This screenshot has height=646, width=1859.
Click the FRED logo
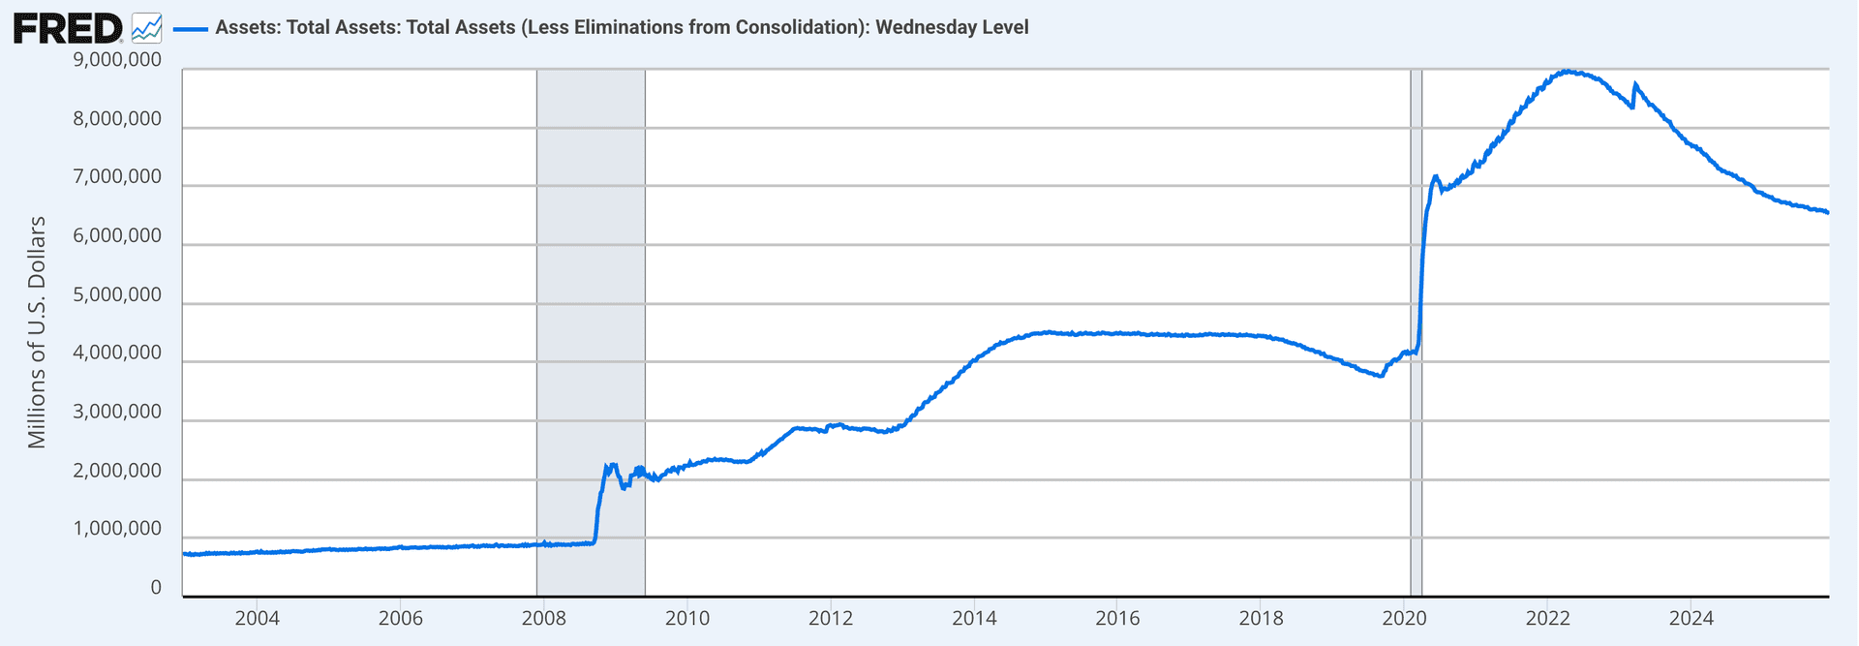pyautogui.click(x=67, y=27)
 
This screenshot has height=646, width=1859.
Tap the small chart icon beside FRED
pyautogui.click(x=146, y=27)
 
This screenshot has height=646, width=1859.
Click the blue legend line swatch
pyautogui.click(x=190, y=28)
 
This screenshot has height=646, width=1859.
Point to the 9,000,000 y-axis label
pyautogui.click(x=116, y=60)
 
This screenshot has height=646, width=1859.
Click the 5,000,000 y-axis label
pyautogui.click(x=116, y=294)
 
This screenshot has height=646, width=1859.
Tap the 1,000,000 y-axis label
pyautogui.click(x=116, y=529)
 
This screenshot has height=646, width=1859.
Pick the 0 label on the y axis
pyautogui.click(x=156, y=588)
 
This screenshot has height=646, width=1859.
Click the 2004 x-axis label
pyautogui.click(x=257, y=618)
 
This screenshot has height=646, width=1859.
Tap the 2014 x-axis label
pyautogui.click(x=974, y=618)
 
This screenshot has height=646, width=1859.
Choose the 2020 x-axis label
pyautogui.click(x=1404, y=618)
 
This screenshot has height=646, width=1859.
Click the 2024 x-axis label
pyautogui.click(x=1691, y=618)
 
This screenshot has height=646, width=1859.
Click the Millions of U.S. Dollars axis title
pyautogui.click(x=37, y=332)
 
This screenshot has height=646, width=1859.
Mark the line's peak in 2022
pyautogui.click(x=1566, y=71)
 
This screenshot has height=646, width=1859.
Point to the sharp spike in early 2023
pyautogui.click(x=1635, y=84)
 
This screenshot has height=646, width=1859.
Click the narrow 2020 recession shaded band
pyautogui.click(x=1416, y=329)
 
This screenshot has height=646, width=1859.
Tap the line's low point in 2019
pyautogui.click(x=1381, y=376)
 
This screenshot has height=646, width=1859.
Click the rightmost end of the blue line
pyautogui.click(x=1828, y=212)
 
